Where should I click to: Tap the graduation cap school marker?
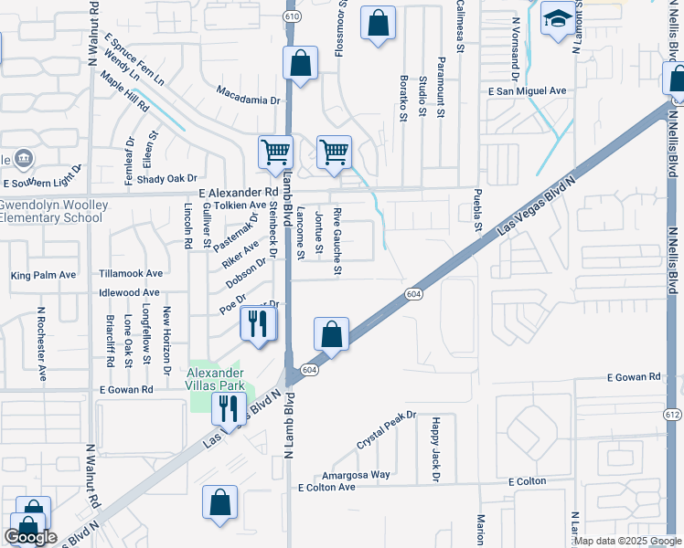tap(556, 19)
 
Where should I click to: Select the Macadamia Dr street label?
tap(247, 100)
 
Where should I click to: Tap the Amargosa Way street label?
tap(356, 475)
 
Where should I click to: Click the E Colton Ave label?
tap(326, 488)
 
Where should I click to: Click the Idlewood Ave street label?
tap(129, 293)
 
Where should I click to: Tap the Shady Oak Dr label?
tap(167, 178)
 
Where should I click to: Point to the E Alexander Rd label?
tap(238, 193)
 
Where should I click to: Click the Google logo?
tap(30, 537)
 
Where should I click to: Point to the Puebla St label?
tap(477, 211)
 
